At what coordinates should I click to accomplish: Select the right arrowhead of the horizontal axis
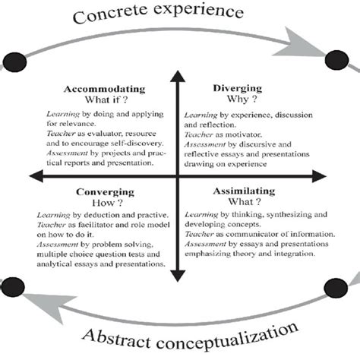pos(328,178)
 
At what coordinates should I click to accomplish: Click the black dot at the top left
pos(14,61)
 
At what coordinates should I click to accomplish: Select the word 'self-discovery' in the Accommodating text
pos(142,141)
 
